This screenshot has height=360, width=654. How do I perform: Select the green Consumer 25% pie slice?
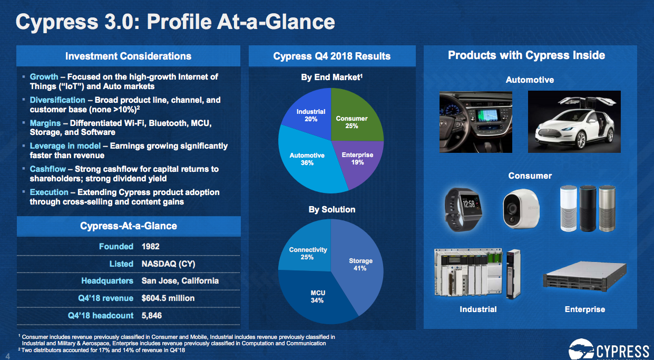[354, 119]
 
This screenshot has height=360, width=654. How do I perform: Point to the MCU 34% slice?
[316, 298]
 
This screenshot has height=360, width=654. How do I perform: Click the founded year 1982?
[150, 246]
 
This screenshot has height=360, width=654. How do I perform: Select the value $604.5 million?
[168, 298]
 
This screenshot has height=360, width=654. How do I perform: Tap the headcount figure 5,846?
[152, 315]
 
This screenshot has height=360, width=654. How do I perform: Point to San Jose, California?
[180, 280]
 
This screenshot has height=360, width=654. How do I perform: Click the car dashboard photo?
[475, 122]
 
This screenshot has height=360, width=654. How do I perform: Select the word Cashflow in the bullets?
[48, 169]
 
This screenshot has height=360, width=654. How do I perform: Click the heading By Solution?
[331, 209]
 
